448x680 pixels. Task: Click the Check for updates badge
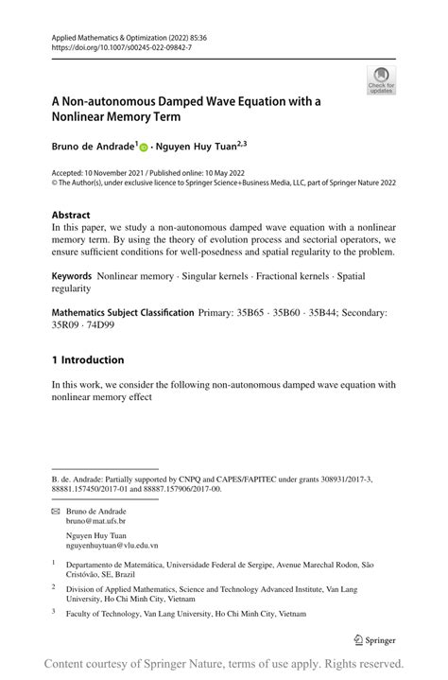pyautogui.click(x=381, y=80)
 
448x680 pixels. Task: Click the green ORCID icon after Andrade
pyautogui.click(x=144, y=148)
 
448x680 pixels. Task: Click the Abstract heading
pyautogui.click(x=71, y=216)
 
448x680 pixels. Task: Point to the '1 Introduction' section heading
pyautogui.click(x=88, y=359)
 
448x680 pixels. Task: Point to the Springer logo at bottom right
pyautogui.click(x=373, y=638)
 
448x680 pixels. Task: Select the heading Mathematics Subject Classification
pyautogui.click(x=122, y=311)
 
